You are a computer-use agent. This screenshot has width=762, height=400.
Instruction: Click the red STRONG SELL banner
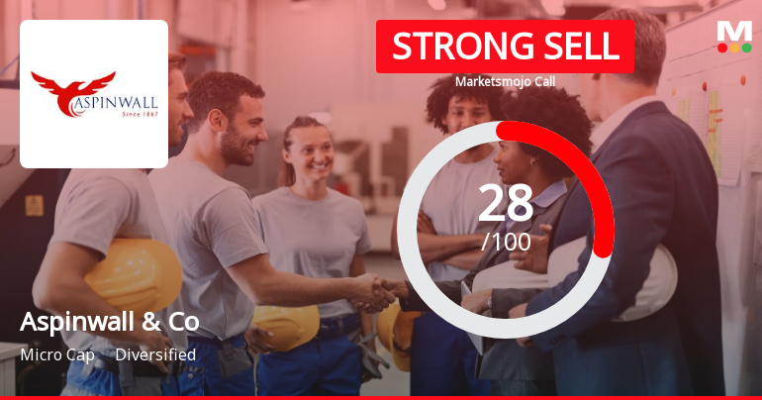pyautogui.click(x=505, y=47)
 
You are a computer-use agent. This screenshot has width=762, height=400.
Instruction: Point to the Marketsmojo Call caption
pyautogui.click(x=505, y=81)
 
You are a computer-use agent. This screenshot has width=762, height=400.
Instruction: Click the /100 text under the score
pyautogui.click(x=506, y=241)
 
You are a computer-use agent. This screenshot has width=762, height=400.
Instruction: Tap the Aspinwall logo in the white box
pyautogui.click(x=94, y=94)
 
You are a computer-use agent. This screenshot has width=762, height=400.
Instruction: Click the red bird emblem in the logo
pyautogui.click(x=74, y=86)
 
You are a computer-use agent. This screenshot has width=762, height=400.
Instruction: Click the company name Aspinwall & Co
pyautogui.click(x=109, y=322)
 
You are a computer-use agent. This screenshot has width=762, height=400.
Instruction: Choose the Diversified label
pyautogui.click(x=155, y=354)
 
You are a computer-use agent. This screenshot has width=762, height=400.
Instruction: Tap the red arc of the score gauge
pyautogui.click(x=594, y=178)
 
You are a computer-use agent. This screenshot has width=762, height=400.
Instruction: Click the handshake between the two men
pyautogui.click(x=376, y=290)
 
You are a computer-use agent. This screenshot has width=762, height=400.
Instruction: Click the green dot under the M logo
pyautogui.click(x=746, y=48)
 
